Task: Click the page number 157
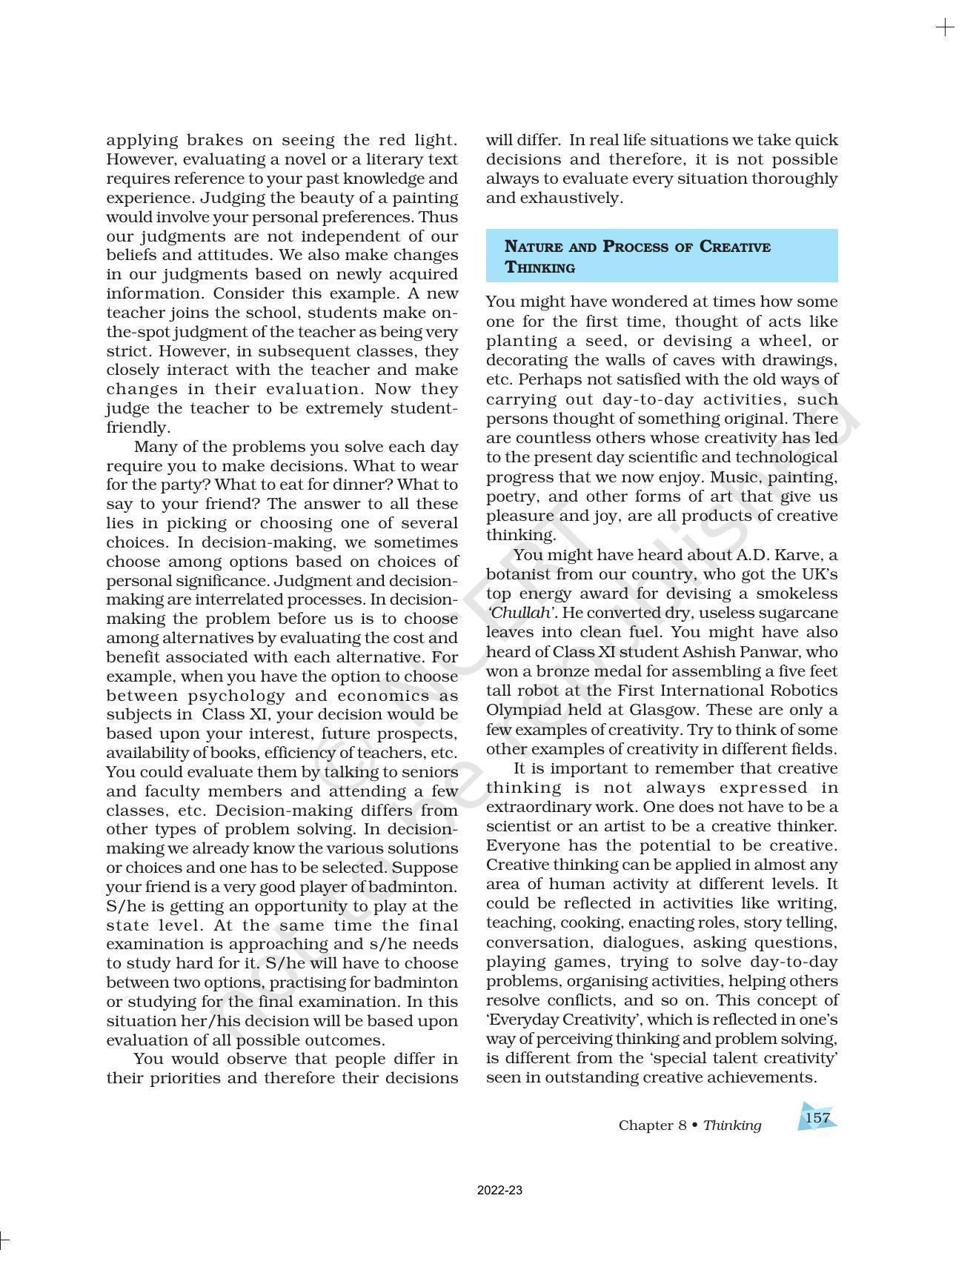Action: point(817,1117)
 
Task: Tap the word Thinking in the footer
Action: point(731,1125)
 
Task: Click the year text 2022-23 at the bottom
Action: point(499,1191)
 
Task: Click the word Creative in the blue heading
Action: point(734,247)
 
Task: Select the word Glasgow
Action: point(661,710)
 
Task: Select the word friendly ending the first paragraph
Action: point(137,428)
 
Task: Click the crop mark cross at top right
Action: point(945,28)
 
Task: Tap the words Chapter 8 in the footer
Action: point(652,1125)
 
